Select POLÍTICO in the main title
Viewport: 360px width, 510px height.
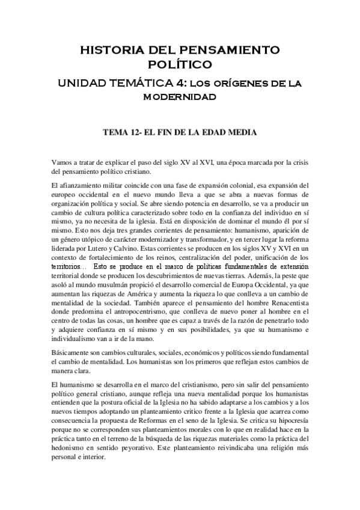[x=180, y=63]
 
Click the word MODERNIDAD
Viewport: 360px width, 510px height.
[x=180, y=96]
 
